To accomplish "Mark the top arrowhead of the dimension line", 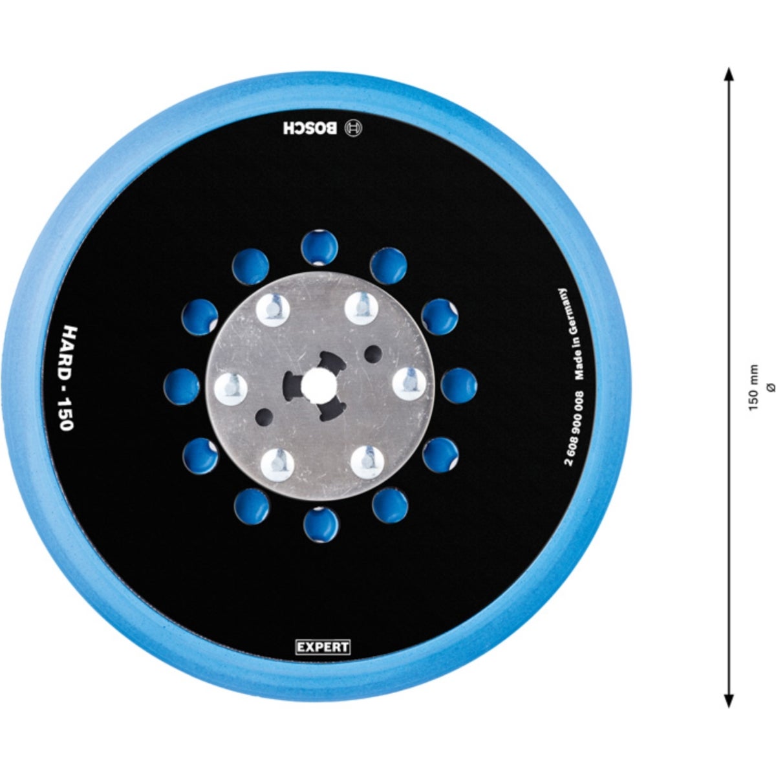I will pos(729,73).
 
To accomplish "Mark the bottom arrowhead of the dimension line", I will pos(729,700).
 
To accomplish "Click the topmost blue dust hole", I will pos(320,246).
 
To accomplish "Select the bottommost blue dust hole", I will pos(321,524).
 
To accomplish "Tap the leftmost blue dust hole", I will pos(181,386).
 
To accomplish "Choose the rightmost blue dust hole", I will pos(460,385).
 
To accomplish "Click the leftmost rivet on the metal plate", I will pos(231,386).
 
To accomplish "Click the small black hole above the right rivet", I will pos(373,353).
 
